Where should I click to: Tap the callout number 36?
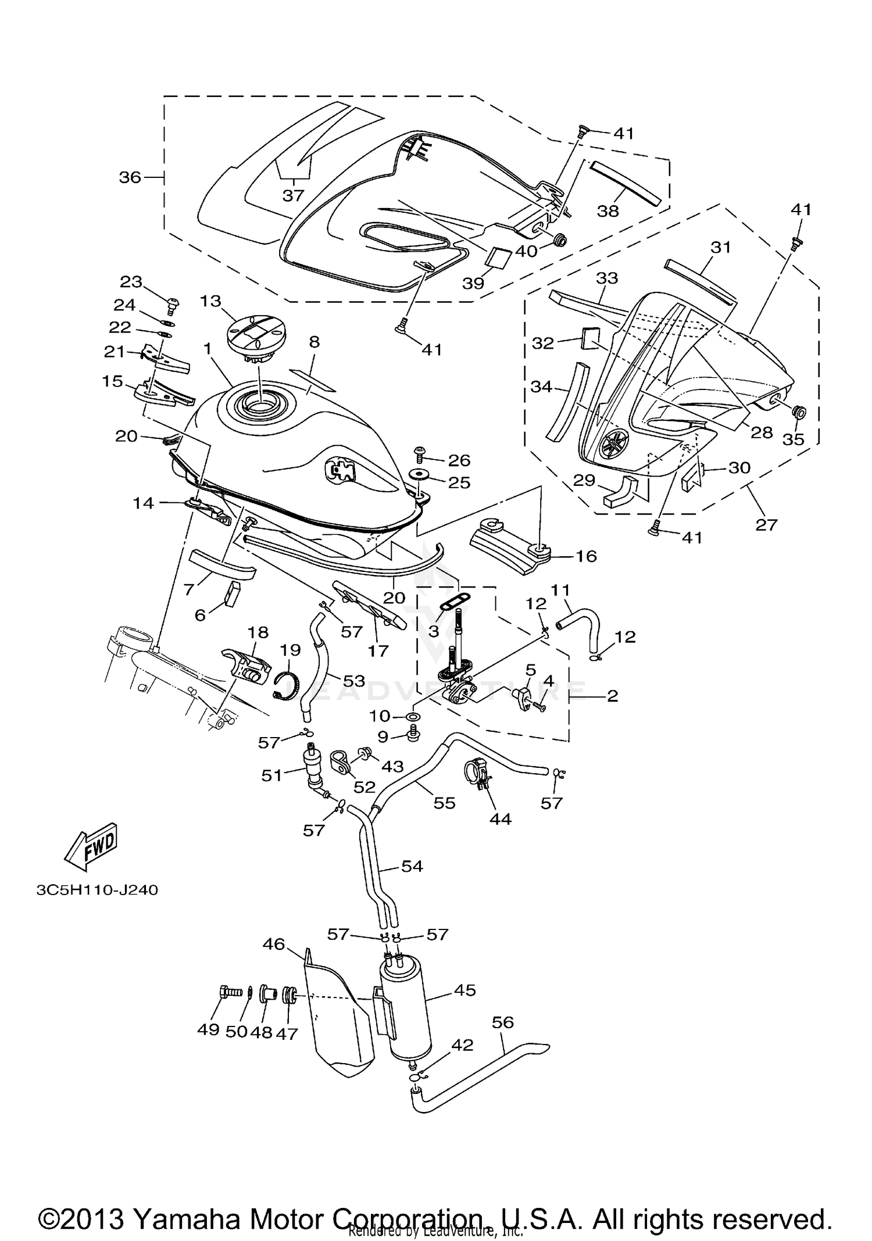(x=130, y=177)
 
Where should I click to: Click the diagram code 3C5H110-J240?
(x=97, y=890)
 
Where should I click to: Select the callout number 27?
(x=766, y=524)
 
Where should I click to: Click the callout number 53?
(x=353, y=680)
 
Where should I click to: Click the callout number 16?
(x=586, y=556)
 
